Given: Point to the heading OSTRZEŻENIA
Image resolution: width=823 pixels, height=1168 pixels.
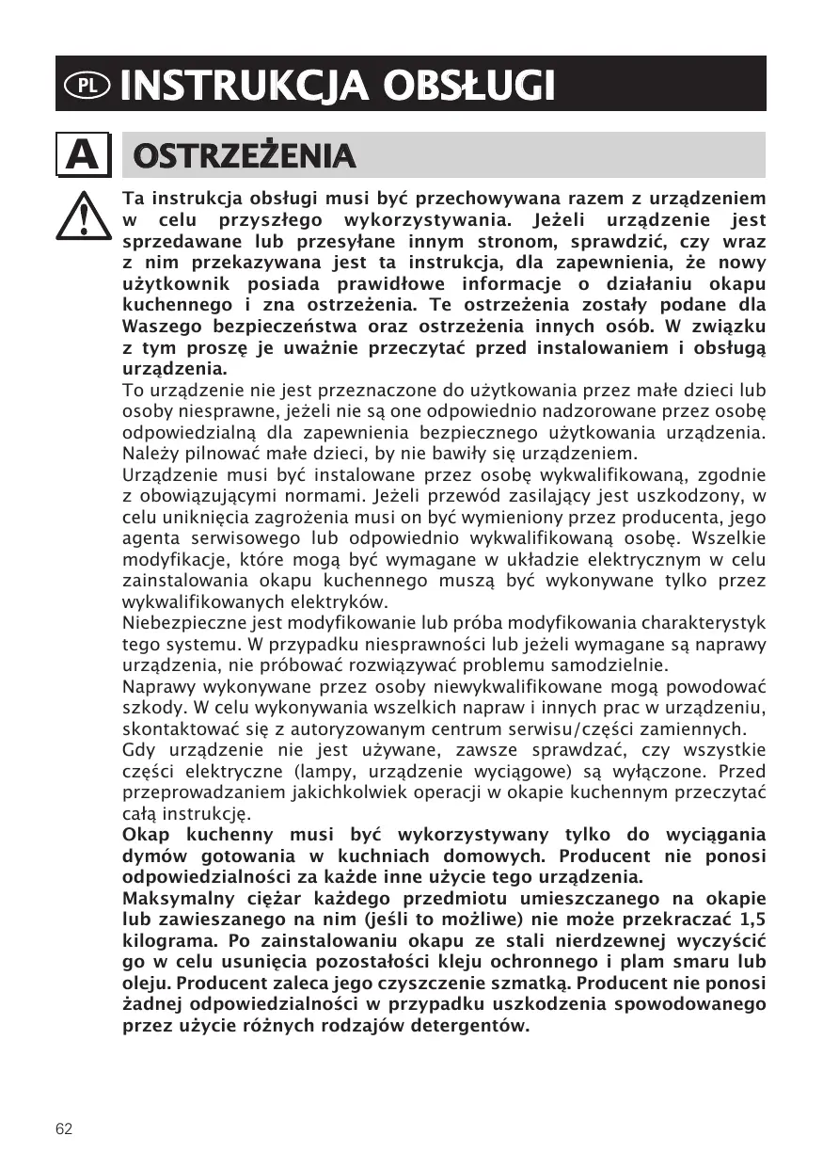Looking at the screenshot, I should click(245, 156).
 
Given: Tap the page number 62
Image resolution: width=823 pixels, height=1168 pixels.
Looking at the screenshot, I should click(64, 1129).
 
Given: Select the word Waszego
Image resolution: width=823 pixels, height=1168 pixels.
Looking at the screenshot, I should click(159, 327).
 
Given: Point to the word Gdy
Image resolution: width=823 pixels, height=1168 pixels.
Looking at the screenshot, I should click(138, 750).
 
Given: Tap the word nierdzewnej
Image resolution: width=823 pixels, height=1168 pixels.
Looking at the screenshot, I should click(583, 941).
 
